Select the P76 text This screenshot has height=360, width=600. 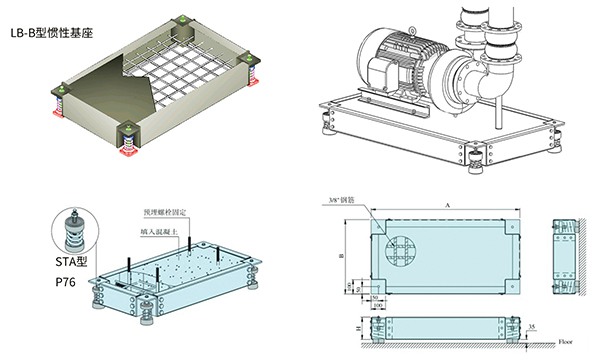pos(67,282)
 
